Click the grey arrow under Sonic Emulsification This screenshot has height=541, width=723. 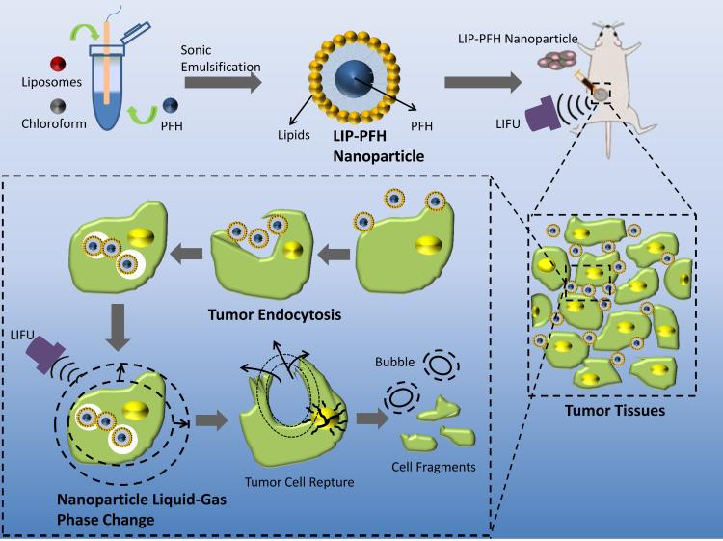coord(222,85)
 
